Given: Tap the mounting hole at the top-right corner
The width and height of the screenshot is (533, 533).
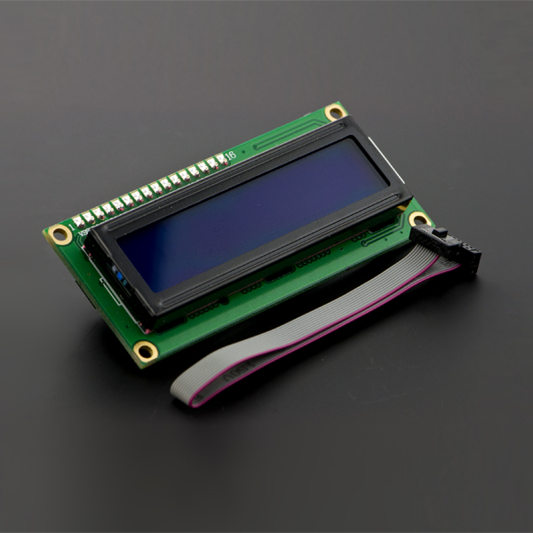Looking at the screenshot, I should click(334, 112).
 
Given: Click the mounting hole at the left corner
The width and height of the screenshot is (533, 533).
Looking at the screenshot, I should click(60, 235).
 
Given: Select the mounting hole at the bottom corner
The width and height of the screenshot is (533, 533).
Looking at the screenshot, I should click(145, 351).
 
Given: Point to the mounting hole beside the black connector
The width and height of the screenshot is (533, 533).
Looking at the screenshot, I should click(418, 219).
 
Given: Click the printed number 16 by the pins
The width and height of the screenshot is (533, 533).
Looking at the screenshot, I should click(231, 156).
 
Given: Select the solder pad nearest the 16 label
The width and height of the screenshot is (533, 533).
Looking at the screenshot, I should click(219, 160).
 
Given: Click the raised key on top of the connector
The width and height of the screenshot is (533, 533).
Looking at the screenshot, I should click(439, 233).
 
